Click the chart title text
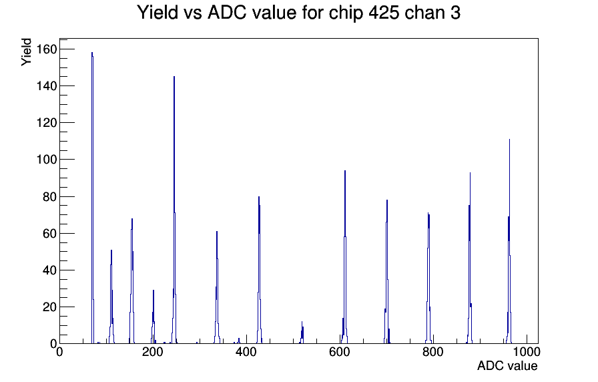298,13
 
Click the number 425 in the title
384,13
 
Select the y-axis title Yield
26,52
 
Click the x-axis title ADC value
507,365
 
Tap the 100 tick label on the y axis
47,159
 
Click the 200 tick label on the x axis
153,351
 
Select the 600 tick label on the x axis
340,351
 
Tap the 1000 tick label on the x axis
527,351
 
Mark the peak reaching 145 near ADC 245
174,210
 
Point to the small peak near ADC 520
302,333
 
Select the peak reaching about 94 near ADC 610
345,257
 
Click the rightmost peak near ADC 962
509,241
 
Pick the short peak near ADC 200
154,317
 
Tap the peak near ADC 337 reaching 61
217,287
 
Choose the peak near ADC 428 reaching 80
259,270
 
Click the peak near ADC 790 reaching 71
428,278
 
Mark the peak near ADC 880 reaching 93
470,258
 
